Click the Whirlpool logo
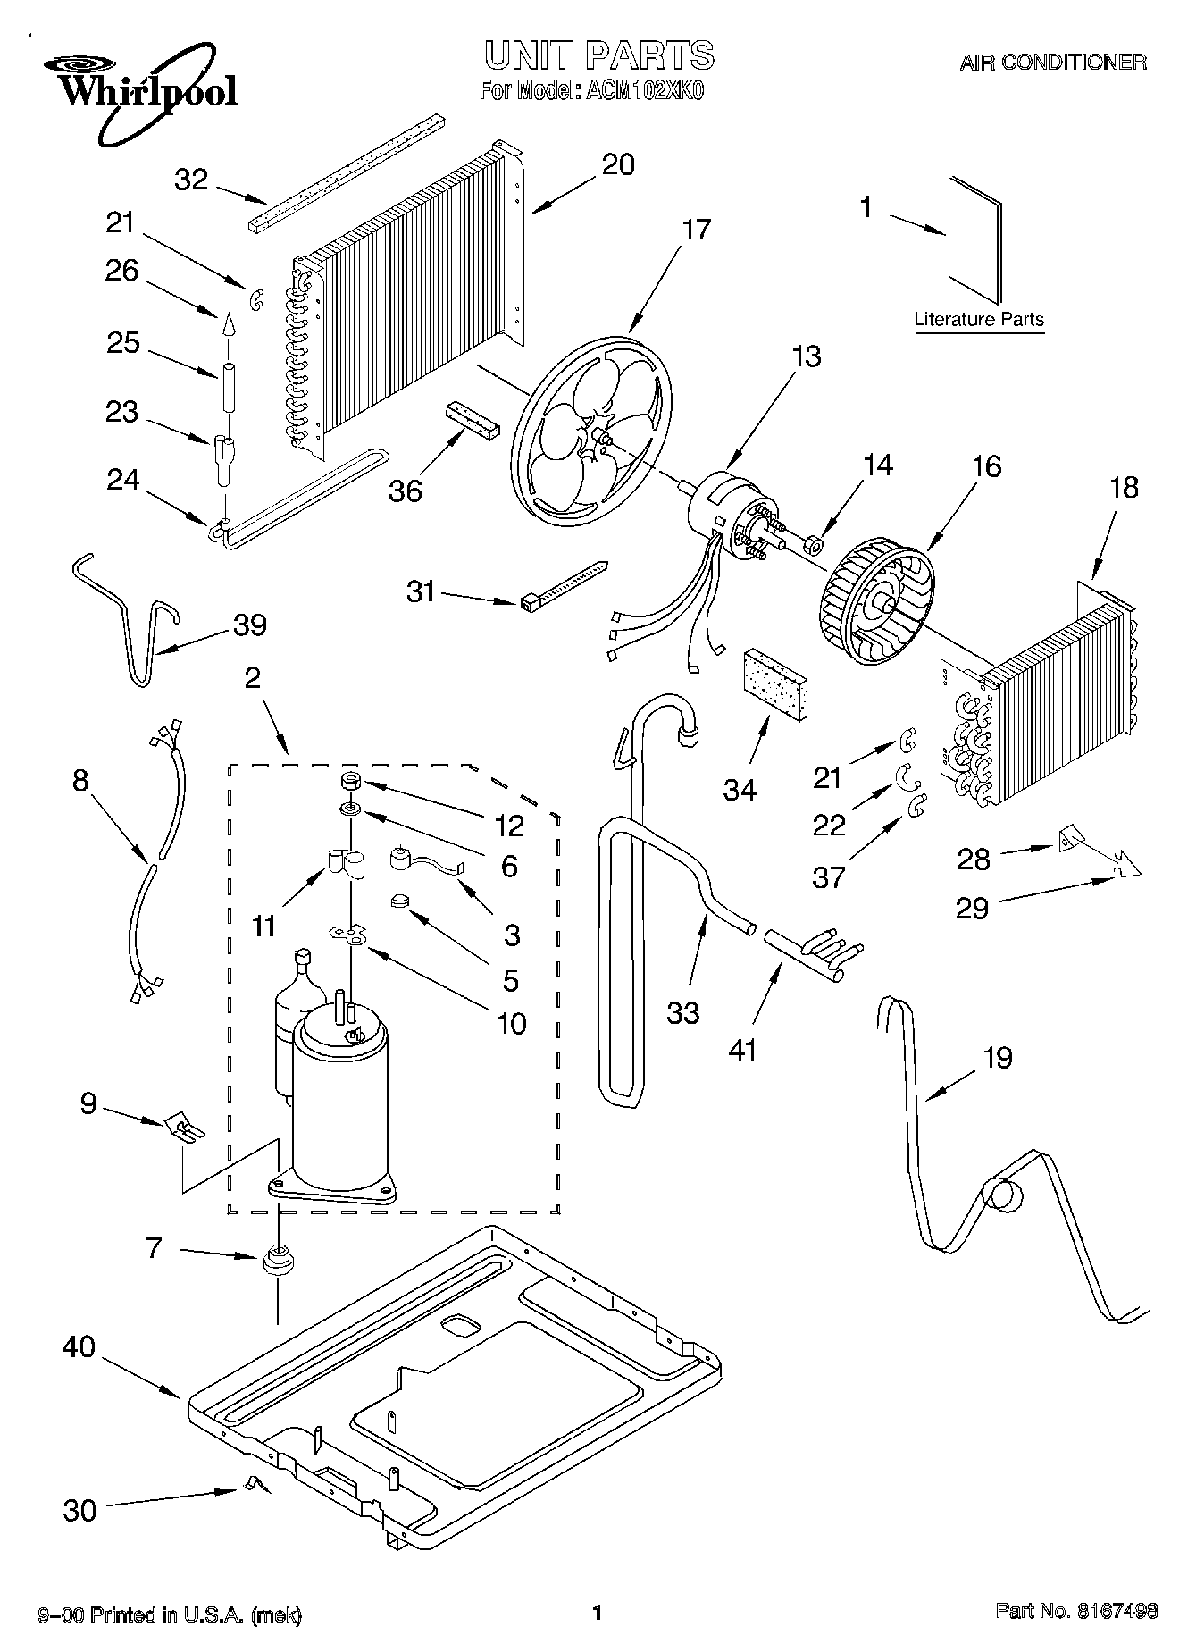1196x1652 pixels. [x=143, y=89]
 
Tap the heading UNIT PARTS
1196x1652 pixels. [x=598, y=55]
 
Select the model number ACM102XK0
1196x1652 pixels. [x=641, y=90]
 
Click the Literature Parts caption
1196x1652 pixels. [x=979, y=319]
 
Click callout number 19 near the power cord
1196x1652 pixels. [x=998, y=1058]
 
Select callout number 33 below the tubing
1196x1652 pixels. [x=683, y=1012]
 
